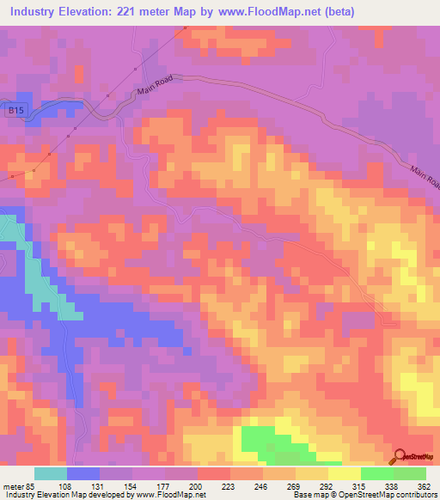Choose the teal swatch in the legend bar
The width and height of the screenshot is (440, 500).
51,473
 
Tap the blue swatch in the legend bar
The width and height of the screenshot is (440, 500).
83,473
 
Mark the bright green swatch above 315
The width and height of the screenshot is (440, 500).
376,473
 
